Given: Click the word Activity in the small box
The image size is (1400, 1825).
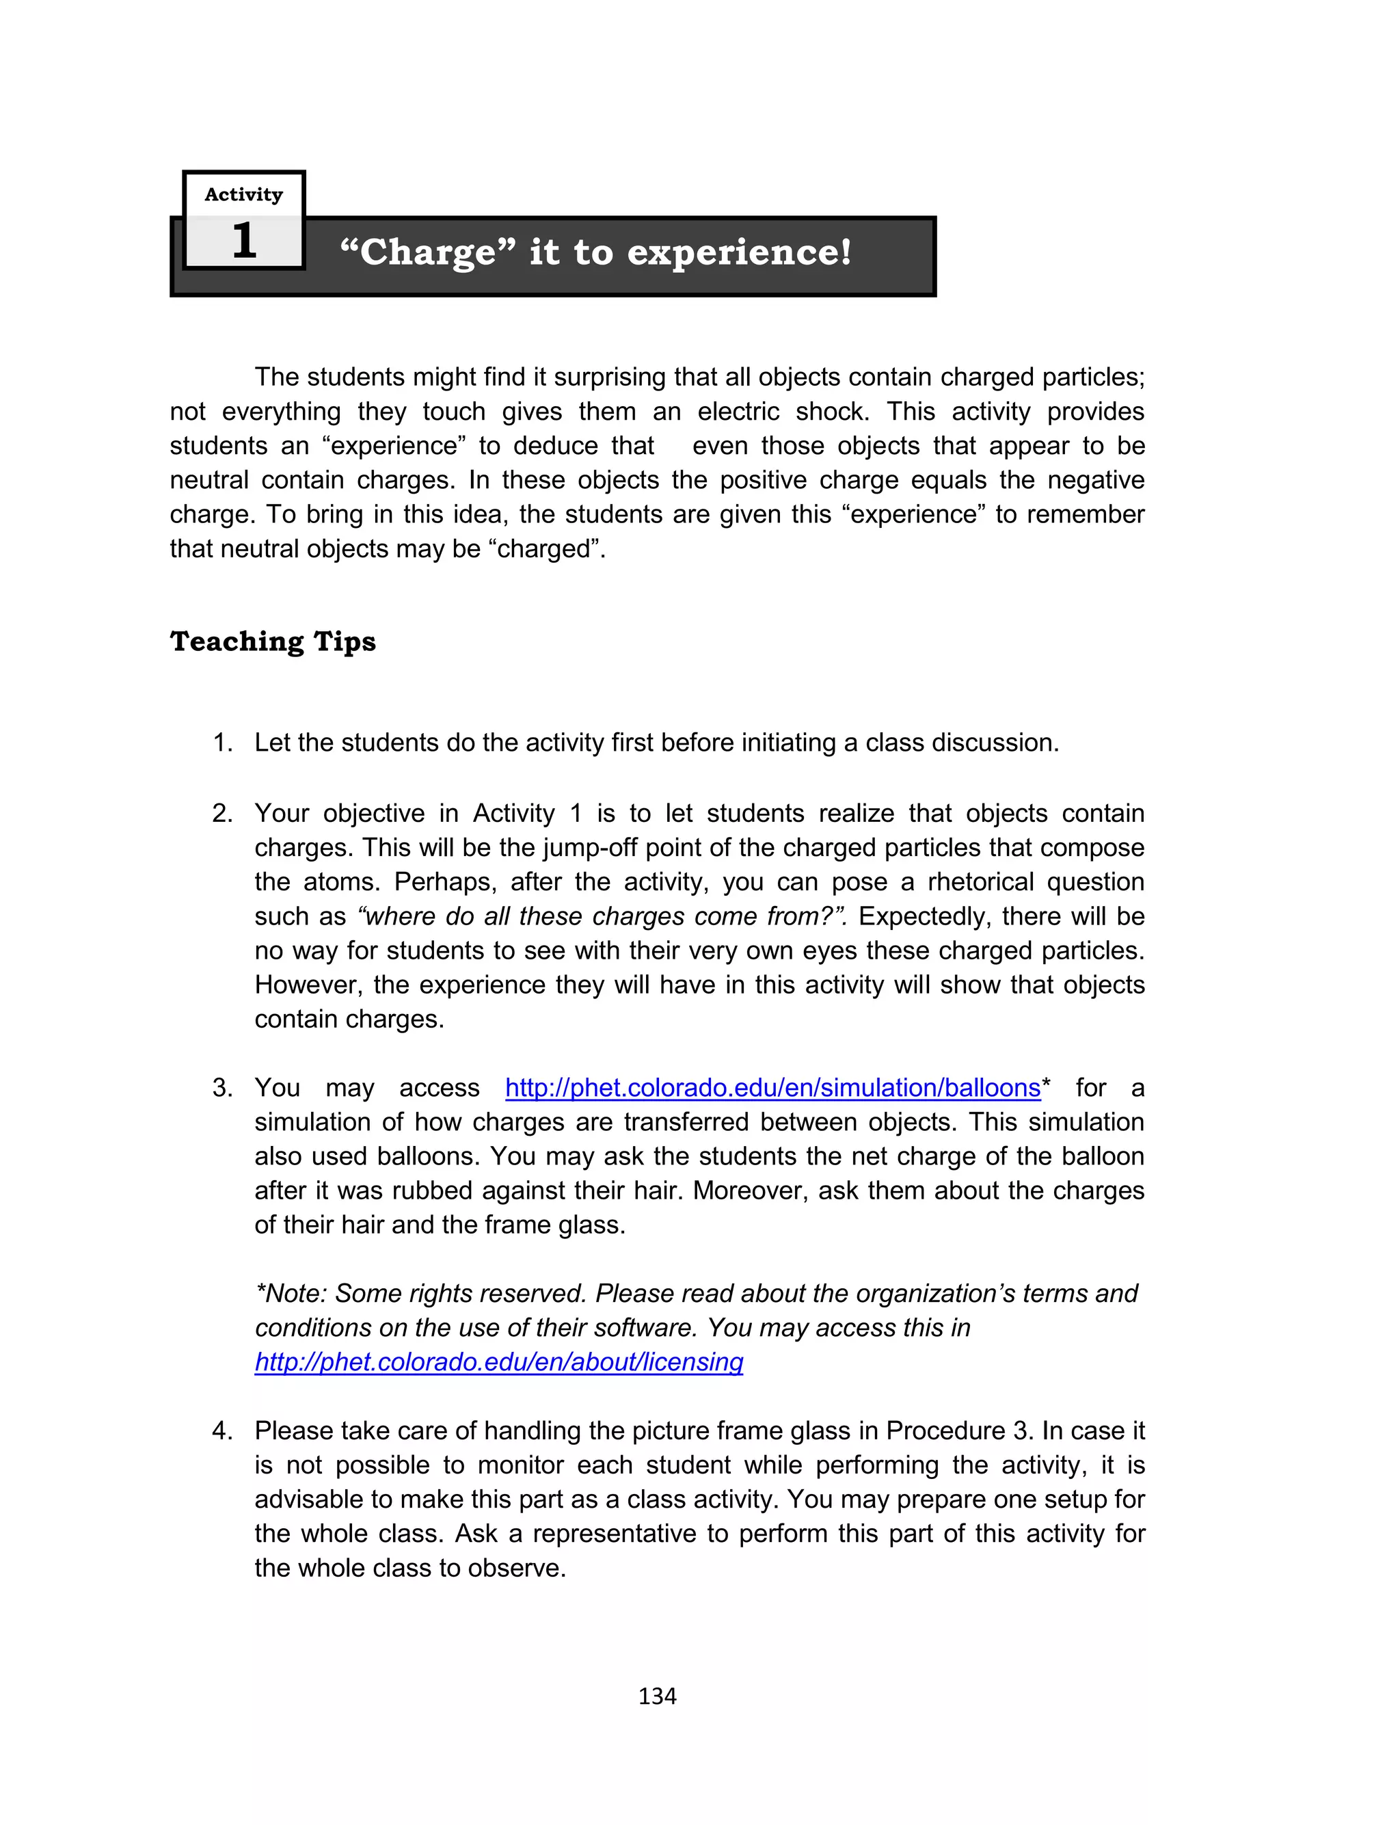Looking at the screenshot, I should click(243, 194).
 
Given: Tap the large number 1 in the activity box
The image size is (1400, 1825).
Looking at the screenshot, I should click(243, 241).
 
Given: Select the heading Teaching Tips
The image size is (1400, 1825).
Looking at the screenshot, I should click(273, 641).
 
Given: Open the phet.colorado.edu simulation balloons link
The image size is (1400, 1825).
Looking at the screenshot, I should click(772, 1087).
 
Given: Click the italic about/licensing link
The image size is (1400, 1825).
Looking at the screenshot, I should click(498, 1361).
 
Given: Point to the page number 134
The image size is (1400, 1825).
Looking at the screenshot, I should click(657, 1696).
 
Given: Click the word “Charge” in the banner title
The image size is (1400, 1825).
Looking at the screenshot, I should click(427, 252).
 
